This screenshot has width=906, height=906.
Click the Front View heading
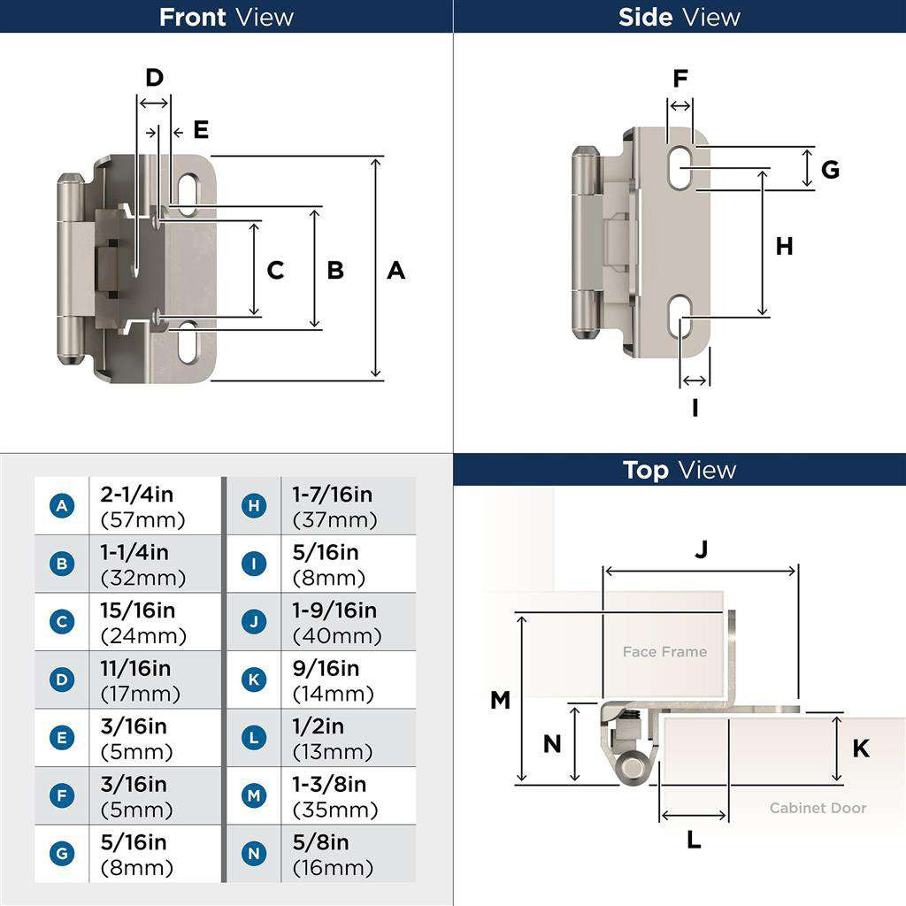pyautogui.click(x=226, y=17)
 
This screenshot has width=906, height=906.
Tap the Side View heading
pyautogui.click(x=679, y=17)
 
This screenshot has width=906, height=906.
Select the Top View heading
pyautogui.click(x=679, y=470)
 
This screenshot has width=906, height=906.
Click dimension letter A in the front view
pyautogui.click(x=395, y=270)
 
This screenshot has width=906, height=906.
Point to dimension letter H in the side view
pyautogui.click(x=784, y=247)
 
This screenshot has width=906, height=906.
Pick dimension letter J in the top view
pyautogui.click(x=701, y=549)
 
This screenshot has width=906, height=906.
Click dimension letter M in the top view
pyautogui.click(x=500, y=700)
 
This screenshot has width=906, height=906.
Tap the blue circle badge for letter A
pyautogui.click(x=62, y=506)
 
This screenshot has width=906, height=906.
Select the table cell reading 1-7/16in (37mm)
pyautogui.click(x=333, y=507)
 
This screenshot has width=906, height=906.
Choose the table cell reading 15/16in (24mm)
pyautogui.click(x=143, y=623)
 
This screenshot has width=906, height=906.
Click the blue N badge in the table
pyautogui.click(x=254, y=854)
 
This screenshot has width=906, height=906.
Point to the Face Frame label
pyautogui.click(x=664, y=652)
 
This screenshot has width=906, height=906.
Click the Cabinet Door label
pyautogui.click(x=818, y=808)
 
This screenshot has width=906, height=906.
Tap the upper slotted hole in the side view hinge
pyautogui.click(x=680, y=166)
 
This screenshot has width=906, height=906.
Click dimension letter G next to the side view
pyautogui.click(x=829, y=169)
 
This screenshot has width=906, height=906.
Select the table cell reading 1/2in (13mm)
pyautogui.click(x=333, y=739)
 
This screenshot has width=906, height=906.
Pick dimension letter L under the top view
pyautogui.click(x=694, y=840)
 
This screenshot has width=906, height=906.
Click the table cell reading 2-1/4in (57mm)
pyautogui.click(x=143, y=507)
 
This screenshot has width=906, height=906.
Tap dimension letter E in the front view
pyautogui.click(x=201, y=130)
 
